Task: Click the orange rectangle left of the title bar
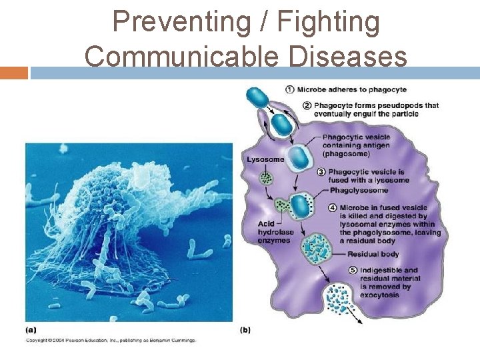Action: tap(13, 73)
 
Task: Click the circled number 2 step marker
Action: tap(307, 105)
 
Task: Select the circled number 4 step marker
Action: tap(332, 207)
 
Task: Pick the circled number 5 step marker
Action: tap(353, 271)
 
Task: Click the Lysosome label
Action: tap(265, 159)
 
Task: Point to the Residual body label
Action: tap(373, 254)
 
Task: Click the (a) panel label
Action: tap(31, 329)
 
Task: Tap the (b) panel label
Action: tap(245, 329)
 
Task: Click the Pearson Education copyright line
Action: tap(111, 341)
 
